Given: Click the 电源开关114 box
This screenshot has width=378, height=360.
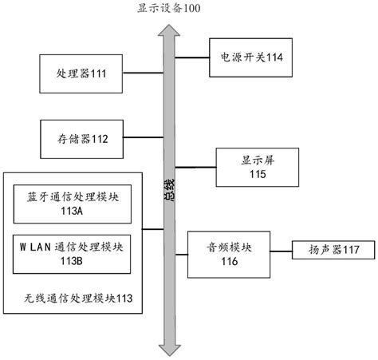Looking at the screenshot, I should pyautogui.click(x=252, y=57).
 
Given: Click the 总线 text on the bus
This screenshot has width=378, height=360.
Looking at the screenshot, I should pyautogui.click(x=169, y=192).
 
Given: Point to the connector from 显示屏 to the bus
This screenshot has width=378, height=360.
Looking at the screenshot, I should pyautogui.click(x=196, y=167).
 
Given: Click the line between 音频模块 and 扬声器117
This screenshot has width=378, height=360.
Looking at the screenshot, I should pyautogui.click(x=282, y=250).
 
